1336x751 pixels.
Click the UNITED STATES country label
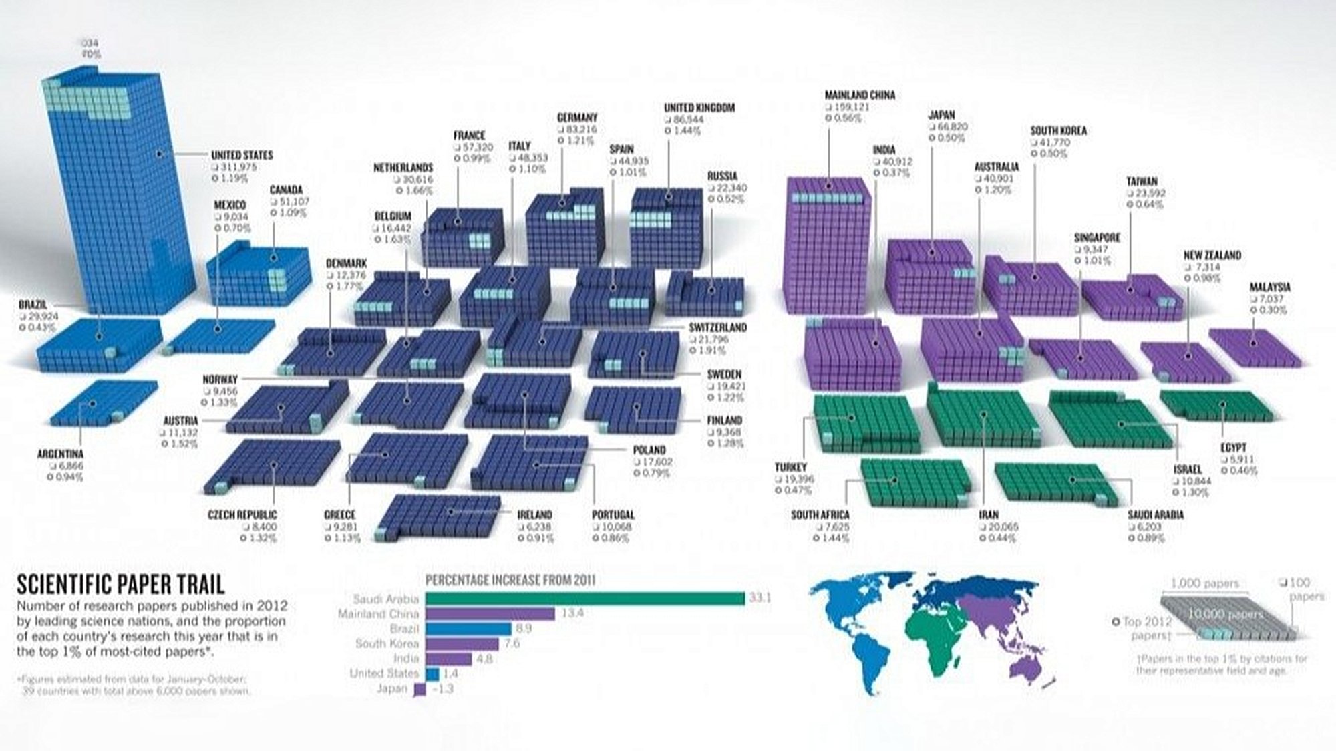click(242, 155)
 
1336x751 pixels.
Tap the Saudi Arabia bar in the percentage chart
click(584, 599)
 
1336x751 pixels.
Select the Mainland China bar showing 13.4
click(490, 613)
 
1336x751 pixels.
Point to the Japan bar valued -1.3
click(420, 689)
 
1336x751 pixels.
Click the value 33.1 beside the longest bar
click(760, 597)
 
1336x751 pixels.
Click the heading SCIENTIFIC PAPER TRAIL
click(120, 585)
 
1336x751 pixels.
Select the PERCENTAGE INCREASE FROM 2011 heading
click(510, 580)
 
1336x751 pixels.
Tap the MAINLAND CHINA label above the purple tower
click(860, 96)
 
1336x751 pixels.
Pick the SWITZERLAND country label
click(717, 327)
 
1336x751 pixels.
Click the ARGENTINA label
click(60, 454)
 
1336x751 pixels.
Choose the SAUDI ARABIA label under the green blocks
click(1156, 515)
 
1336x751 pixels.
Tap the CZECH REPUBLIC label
click(242, 515)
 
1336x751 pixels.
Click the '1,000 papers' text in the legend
click(1204, 583)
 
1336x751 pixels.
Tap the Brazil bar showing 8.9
click(468, 629)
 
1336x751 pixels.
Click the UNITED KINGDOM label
click(699, 108)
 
